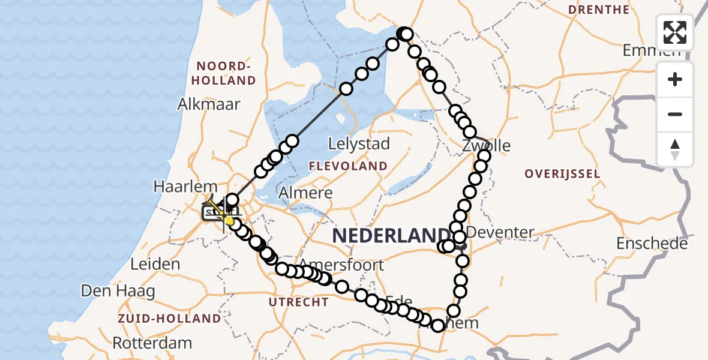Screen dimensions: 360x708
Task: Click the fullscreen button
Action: [675, 32]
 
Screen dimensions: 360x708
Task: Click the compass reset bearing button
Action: [675, 149]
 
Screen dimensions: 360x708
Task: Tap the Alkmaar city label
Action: [209, 104]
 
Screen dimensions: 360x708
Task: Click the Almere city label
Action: [306, 193]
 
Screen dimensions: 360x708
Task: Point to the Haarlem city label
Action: [184, 186]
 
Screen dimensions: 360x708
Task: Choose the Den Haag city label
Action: [118, 292]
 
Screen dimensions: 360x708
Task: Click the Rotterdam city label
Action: [152, 344]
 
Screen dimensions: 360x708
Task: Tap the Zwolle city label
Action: [487, 146]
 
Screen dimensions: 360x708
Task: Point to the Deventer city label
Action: [500, 232]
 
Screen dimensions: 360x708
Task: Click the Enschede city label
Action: [652, 244]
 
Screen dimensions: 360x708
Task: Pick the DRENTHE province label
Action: [598, 10]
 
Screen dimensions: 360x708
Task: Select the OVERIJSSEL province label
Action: [562, 174]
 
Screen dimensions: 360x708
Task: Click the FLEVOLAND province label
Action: [348, 166]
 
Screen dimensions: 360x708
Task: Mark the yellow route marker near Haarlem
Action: [229, 220]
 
